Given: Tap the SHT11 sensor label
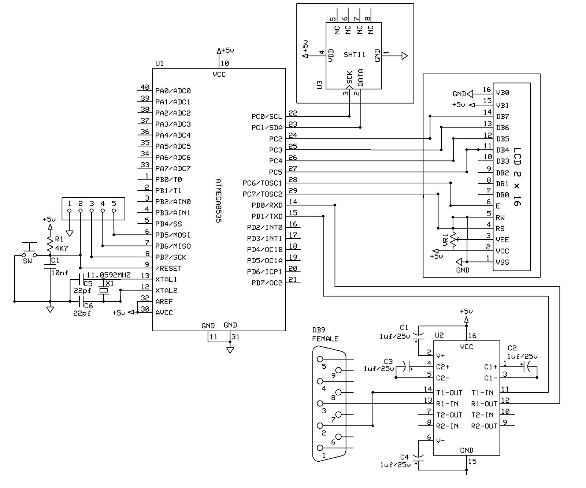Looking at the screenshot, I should (x=354, y=55).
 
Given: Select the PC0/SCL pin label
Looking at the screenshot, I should (x=267, y=117).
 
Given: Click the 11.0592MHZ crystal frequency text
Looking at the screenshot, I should (x=108, y=275).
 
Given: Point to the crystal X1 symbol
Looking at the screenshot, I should (x=104, y=290).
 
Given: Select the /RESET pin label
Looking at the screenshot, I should (x=168, y=268).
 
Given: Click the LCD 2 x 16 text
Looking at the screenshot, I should (x=517, y=176).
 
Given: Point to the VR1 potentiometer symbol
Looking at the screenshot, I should (x=453, y=240).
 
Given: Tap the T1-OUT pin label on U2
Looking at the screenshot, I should (x=449, y=393).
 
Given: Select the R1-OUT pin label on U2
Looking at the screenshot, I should (x=484, y=404).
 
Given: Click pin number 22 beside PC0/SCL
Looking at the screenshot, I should (x=293, y=113).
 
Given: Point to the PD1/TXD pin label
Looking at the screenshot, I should (x=267, y=216).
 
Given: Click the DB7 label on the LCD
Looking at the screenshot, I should (x=502, y=117).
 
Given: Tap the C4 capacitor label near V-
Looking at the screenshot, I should (x=404, y=457).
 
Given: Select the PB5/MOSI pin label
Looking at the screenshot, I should (x=173, y=235).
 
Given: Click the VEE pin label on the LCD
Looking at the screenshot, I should (x=502, y=240).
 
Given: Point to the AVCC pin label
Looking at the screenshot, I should (x=164, y=313).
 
